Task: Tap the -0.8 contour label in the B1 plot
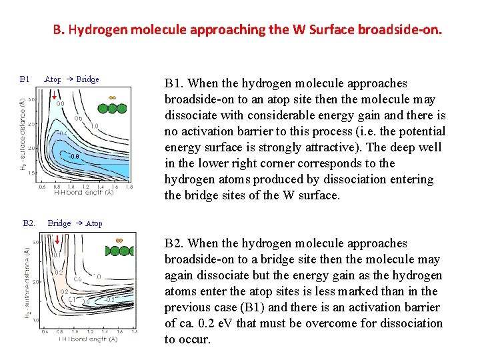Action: coord(75,156)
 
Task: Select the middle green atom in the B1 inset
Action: coord(112,107)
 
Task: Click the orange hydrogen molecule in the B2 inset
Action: coord(119,241)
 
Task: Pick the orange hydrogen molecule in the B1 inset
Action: coord(112,97)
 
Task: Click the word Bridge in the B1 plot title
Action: coord(87,79)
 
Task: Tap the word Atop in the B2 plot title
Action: coord(94,223)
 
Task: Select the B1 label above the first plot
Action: coord(25,79)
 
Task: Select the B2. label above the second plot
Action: coord(29,223)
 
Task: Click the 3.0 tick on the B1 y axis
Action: coord(31,99)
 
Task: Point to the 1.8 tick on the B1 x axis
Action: coord(129,187)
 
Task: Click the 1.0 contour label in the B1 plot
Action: coord(94,125)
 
